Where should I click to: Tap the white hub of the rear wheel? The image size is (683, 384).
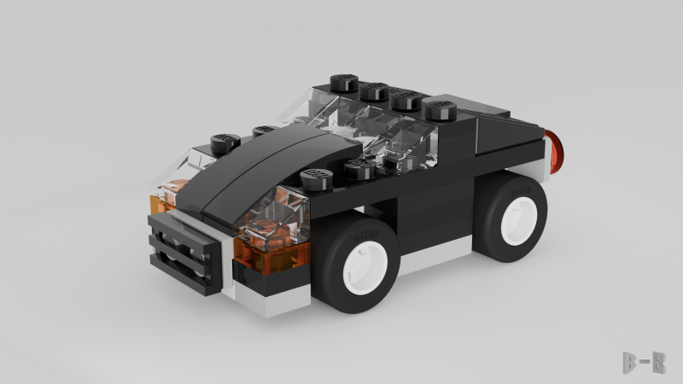point(518,218)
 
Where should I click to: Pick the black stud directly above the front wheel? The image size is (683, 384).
point(317,178)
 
